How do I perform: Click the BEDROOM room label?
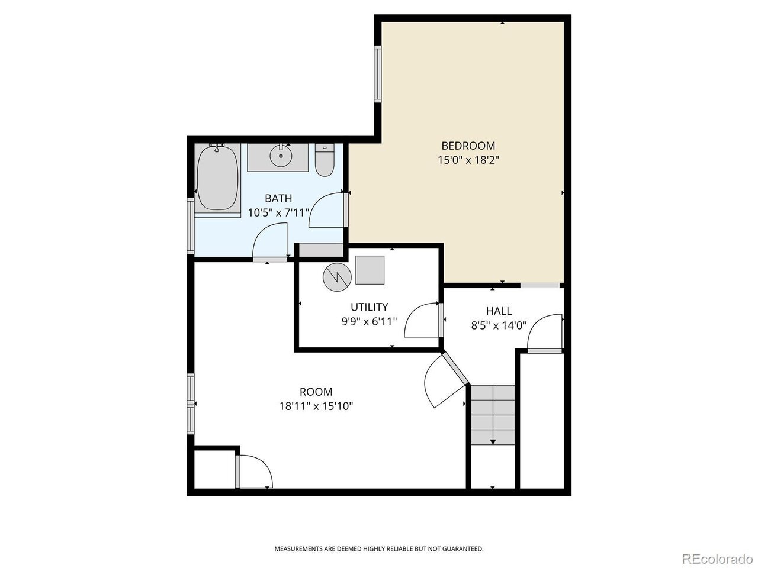point(468,146)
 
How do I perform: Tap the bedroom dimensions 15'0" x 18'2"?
point(468,160)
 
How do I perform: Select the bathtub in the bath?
point(217,179)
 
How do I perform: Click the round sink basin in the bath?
point(281,156)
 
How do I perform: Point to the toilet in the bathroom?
point(325,160)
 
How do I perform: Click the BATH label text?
point(278,198)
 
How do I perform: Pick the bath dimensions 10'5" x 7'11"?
point(278,213)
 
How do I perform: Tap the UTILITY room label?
point(369,306)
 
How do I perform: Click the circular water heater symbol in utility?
point(337,276)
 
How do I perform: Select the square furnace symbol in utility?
point(370,270)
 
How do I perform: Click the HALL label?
point(499,311)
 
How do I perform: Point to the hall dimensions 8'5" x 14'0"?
point(499,325)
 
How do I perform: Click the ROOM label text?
point(316,392)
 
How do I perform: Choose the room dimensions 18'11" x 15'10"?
point(316,406)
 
